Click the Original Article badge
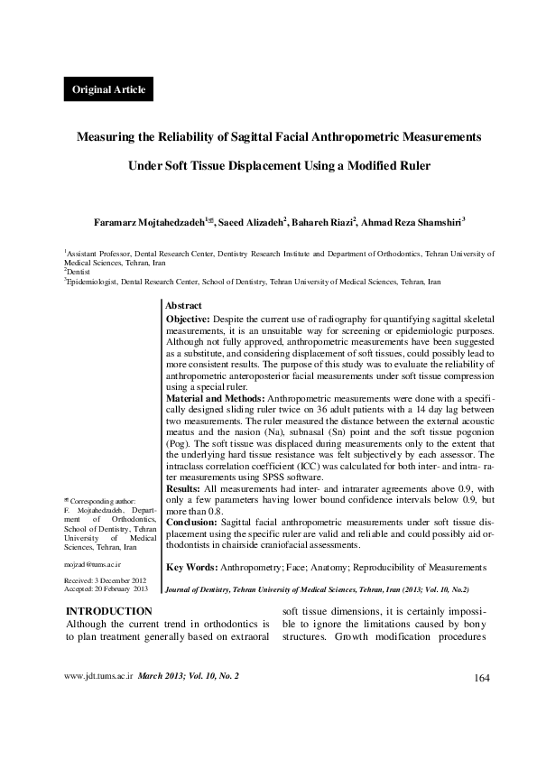pos(105,89)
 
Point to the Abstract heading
pos(184,307)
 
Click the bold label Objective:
pos(190,320)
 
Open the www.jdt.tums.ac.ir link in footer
pos(97,700)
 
